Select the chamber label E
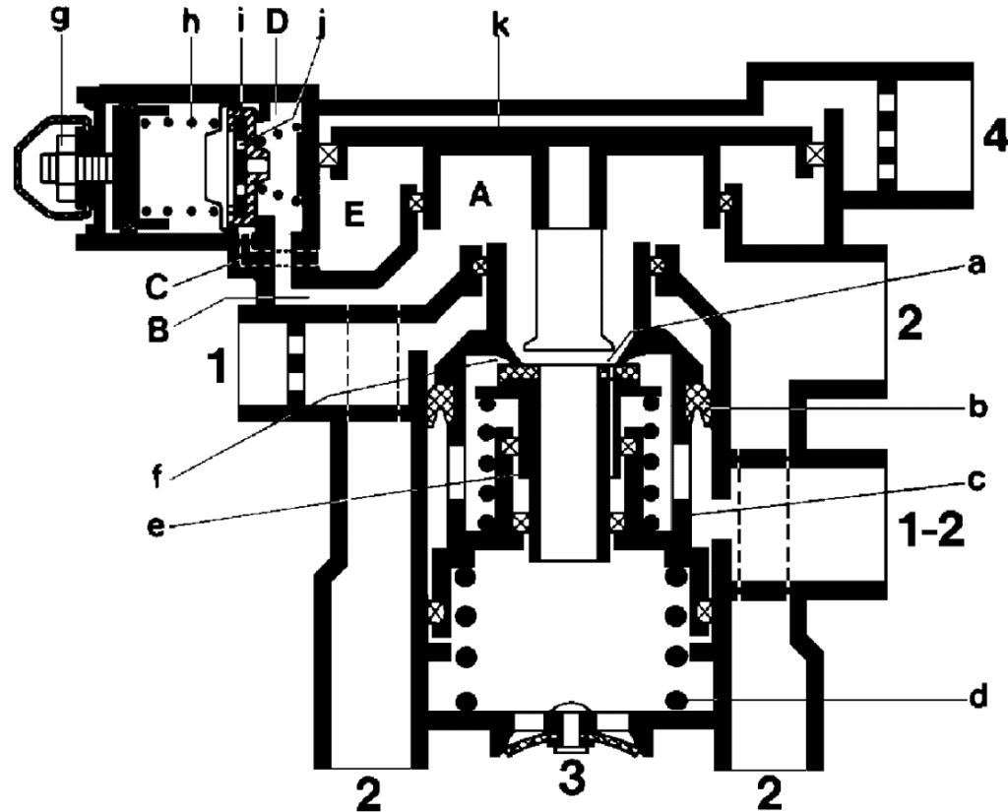356,214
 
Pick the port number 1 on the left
217,373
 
